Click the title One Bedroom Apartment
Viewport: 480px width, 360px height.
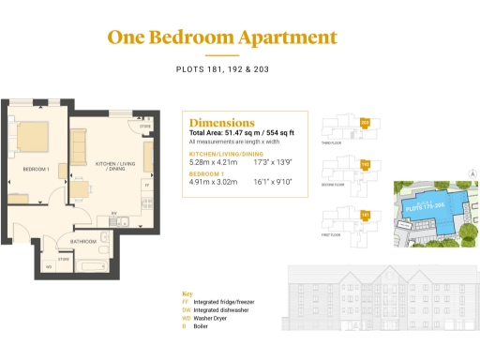[x=221, y=38]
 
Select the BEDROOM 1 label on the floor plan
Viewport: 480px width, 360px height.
[x=36, y=169]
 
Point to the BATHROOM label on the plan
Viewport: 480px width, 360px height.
[x=84, y=241]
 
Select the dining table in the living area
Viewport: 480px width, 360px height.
[x=82, y=192]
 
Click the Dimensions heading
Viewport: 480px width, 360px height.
[x=221, y=123]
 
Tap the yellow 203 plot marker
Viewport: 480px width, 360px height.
[x=365, y=123]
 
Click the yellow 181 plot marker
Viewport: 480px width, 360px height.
[x=365, y=215]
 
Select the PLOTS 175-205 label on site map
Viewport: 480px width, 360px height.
[x=424, y=203]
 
